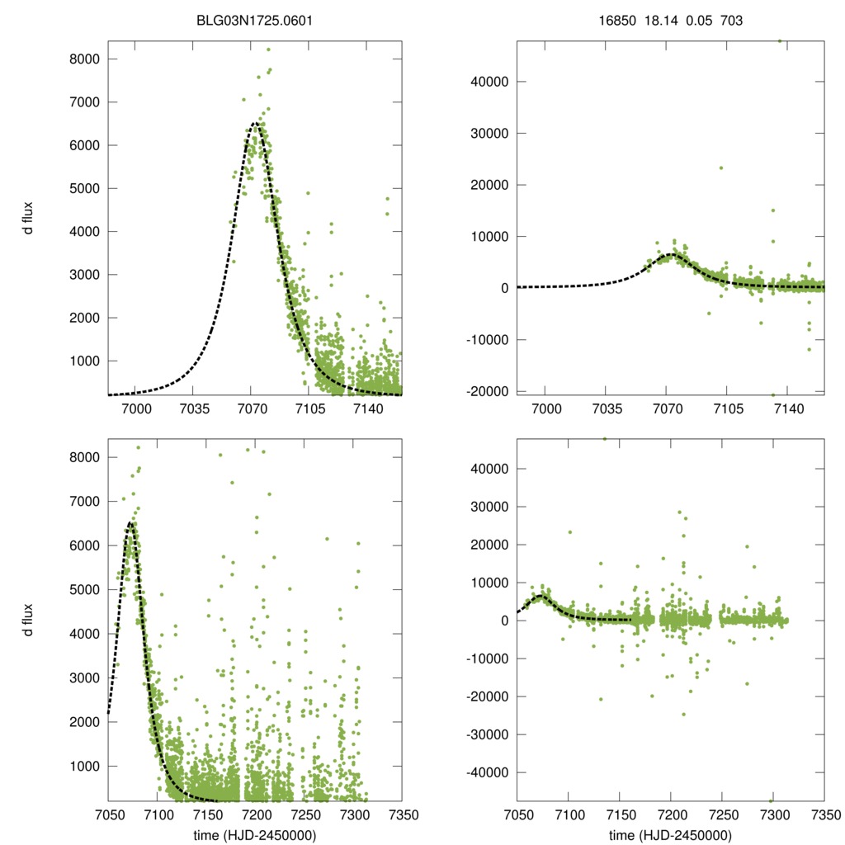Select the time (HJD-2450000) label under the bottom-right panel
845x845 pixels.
(x=670, y=835)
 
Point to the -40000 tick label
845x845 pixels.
(x=490, y=772)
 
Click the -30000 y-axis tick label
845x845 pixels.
(x=490, y=734)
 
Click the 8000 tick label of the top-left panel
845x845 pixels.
(x=86, y=59)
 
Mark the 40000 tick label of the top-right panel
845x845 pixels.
(x=493, y=82)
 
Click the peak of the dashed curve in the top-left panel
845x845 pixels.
(x=255, y=124)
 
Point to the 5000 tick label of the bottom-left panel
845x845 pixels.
(x=86, y=589)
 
